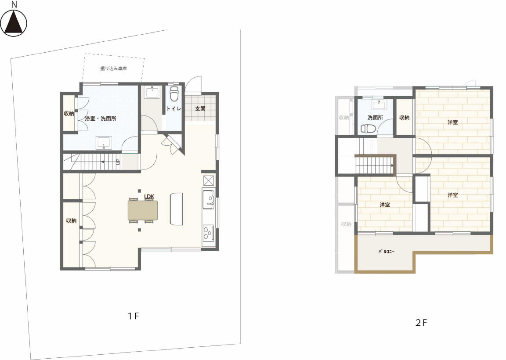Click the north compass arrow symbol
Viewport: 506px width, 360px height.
[14, 22]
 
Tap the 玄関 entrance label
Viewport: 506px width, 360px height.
[200, 109]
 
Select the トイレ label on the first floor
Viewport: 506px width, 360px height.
[174, 109]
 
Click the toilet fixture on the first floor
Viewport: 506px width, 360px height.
[174, 93]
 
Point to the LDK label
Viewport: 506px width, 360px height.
[149, 196]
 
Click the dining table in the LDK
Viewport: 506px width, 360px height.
[143, 210]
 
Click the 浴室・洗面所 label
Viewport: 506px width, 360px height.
[100, 119]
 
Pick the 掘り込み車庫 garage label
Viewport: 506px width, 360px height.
[114, 68]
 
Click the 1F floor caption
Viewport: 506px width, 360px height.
[133, 316]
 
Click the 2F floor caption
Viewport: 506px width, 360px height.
[421, 323]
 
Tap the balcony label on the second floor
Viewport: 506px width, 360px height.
[386, 251]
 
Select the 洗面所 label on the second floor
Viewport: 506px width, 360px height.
[375, 118]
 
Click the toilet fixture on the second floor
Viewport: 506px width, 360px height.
[368, 129]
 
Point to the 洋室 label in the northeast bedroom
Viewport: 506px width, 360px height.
[452, 122]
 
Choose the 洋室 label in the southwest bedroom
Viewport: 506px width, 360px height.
[385, 205]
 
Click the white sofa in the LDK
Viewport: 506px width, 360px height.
[176, 209]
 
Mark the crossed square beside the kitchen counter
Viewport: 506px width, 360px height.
[209, 180]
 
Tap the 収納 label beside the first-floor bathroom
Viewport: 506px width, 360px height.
[69, 114]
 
